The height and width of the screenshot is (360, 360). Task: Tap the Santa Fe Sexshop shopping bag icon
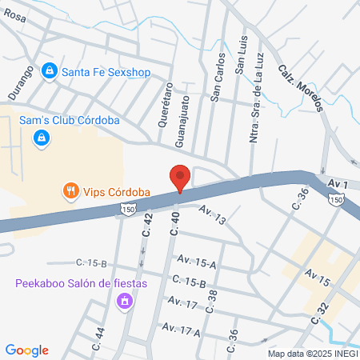tap(50, 71)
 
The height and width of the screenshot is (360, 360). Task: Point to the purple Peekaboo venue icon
tap(124, 302)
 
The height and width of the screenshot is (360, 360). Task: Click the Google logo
tap(27, 350)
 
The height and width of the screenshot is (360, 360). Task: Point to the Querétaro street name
tap(166, 104)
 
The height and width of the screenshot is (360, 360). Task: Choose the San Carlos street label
tap(215, 78)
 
